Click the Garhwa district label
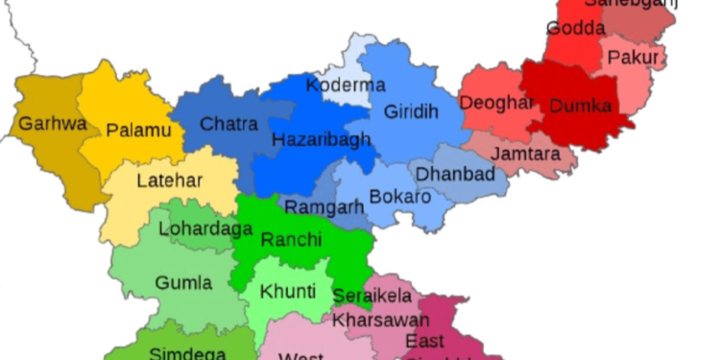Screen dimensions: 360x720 53,124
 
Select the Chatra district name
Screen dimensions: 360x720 228,124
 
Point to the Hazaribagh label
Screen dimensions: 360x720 322,140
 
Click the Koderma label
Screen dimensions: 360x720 346,85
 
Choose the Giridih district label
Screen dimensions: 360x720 411,112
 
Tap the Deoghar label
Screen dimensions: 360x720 496,103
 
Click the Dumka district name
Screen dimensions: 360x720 580,107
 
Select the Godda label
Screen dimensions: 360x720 576,29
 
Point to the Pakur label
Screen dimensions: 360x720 634,59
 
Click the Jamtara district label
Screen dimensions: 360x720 524,154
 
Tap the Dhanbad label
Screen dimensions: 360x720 455,174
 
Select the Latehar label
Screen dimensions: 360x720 169,180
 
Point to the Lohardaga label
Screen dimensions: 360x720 205,229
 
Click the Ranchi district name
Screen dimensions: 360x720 291,240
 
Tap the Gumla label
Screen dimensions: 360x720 184,284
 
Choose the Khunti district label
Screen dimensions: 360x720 288,291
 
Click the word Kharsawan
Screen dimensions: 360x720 381,320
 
